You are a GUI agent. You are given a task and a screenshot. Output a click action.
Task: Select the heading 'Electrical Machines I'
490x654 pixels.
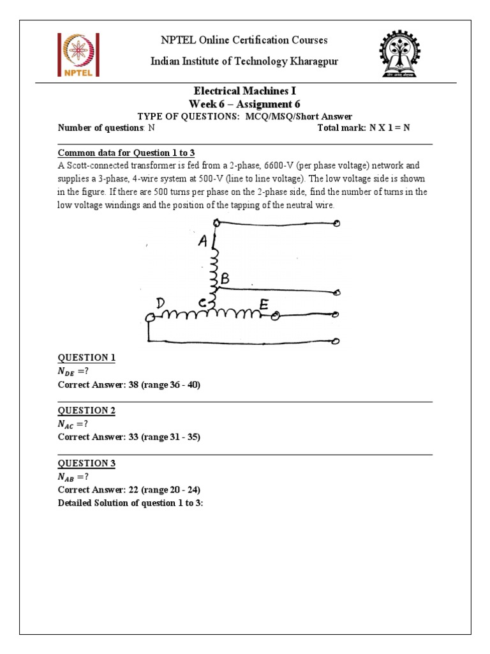244,91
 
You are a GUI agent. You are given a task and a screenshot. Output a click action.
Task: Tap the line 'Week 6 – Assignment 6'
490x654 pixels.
244,103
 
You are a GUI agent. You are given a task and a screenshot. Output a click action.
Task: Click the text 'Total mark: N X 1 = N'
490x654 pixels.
363,128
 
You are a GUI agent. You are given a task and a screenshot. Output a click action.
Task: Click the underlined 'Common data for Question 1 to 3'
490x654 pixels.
126,153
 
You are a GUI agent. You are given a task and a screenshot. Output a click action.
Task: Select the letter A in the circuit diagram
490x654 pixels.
203,241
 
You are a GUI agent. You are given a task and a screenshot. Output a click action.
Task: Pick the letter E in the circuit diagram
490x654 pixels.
264,305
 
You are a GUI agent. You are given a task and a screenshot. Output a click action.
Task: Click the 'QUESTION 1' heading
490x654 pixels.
86,358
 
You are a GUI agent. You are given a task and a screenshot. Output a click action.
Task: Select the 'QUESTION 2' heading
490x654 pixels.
86,411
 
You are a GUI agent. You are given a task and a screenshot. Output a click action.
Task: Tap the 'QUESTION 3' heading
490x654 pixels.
86,463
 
